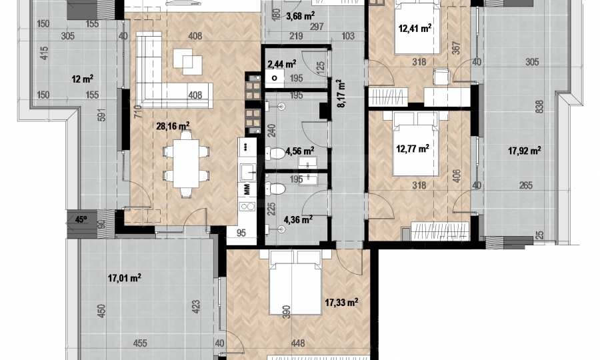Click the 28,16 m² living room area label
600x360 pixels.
173,126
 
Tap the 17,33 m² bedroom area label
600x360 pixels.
341,303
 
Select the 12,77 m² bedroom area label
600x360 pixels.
413,148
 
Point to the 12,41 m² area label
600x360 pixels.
415,28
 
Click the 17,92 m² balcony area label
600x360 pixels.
524,151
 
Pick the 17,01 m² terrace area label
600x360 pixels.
125,277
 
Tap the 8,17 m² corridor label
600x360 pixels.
341,93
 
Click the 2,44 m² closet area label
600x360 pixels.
282,63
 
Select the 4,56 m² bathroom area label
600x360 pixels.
301,151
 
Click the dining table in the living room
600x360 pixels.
186,163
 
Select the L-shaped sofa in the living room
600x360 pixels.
169,77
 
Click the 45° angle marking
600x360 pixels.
81,219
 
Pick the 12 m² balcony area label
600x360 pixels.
82,79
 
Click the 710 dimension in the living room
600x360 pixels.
138,111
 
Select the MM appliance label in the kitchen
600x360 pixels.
247,189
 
